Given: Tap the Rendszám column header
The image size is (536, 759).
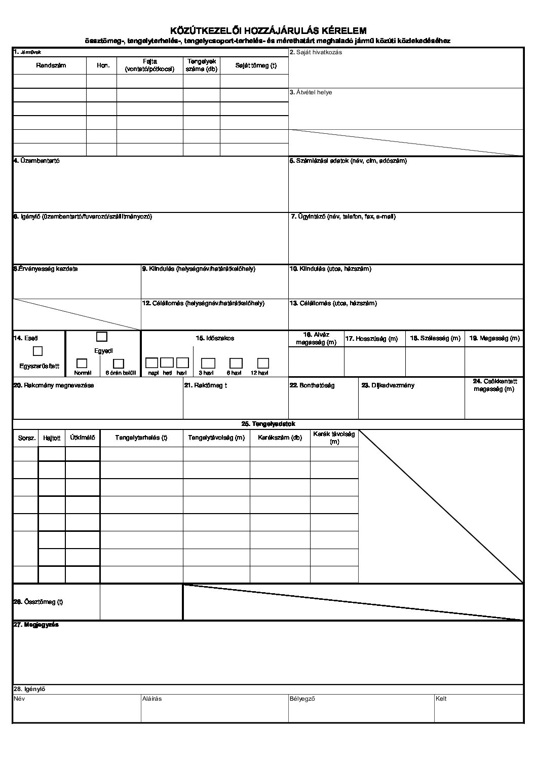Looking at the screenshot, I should tap(51, 65).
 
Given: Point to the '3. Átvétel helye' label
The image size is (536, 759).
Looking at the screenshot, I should tap(311, 93).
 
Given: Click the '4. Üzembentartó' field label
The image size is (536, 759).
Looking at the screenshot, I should tap(36, 161).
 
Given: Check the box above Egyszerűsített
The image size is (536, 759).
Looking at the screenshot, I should tap(37, 351).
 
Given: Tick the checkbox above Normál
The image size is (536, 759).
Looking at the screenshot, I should tap(82, 363).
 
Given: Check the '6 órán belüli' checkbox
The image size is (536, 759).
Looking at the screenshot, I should tap(119, 363).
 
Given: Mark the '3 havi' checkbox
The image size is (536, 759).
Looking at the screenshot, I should tap(208, 363).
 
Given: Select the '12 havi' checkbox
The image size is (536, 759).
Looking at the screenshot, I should tap(263, 363).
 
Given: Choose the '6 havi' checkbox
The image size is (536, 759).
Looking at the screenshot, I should tap(236, 363).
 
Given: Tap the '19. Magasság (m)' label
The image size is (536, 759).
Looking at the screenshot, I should tap(494, 338).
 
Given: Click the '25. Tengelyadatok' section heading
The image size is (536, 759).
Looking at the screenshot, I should tap(268, 424).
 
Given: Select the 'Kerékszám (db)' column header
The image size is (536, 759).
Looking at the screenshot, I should tap(280, 438).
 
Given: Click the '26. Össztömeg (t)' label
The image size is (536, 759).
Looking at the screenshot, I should tap(38, 602).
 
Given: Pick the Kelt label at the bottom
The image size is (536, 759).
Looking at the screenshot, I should tap(441, 699).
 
